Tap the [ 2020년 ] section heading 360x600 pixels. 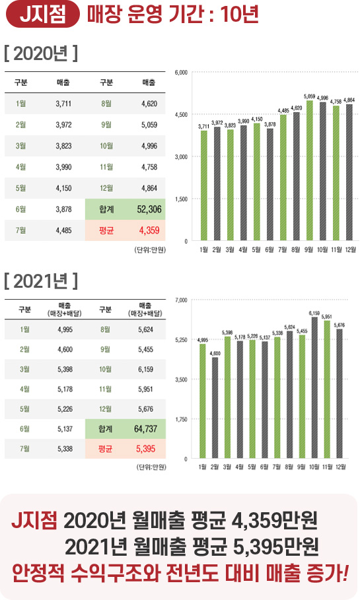pyautogui.click(x=41, y=53)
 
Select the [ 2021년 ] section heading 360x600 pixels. pyautogui.click(x=41, y=281)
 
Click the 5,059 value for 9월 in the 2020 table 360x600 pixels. pyautogui.click(x=149, y=125)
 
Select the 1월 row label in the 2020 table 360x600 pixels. pyautogui.click(x=20, y=104)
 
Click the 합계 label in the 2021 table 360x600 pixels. pyautogui.click(x=106, y=428)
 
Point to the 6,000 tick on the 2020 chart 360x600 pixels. pyautogui.click(x=182, y=71)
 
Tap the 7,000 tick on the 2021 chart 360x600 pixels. pyautogui.click(x=182, y=300)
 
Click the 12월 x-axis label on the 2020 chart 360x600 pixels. pyautogui.click(x=350, y=250)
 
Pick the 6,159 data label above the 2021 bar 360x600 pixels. pyautogui.click(x=314, y=312)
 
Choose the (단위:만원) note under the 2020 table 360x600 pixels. pyautogui.click(x=149, y=249)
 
